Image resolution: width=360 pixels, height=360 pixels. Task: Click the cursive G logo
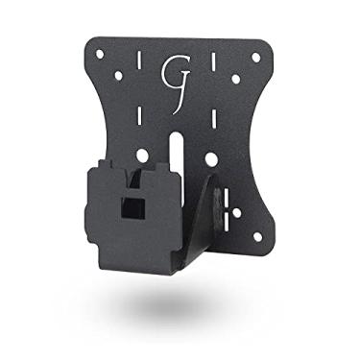(176, 76)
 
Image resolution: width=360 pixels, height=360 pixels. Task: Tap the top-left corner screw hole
(100, 53)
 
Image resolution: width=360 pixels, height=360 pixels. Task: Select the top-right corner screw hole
(256, 57)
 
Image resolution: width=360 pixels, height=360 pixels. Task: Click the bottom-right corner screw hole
(255, 237)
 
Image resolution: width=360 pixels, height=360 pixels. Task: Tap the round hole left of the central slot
(142, 154)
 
